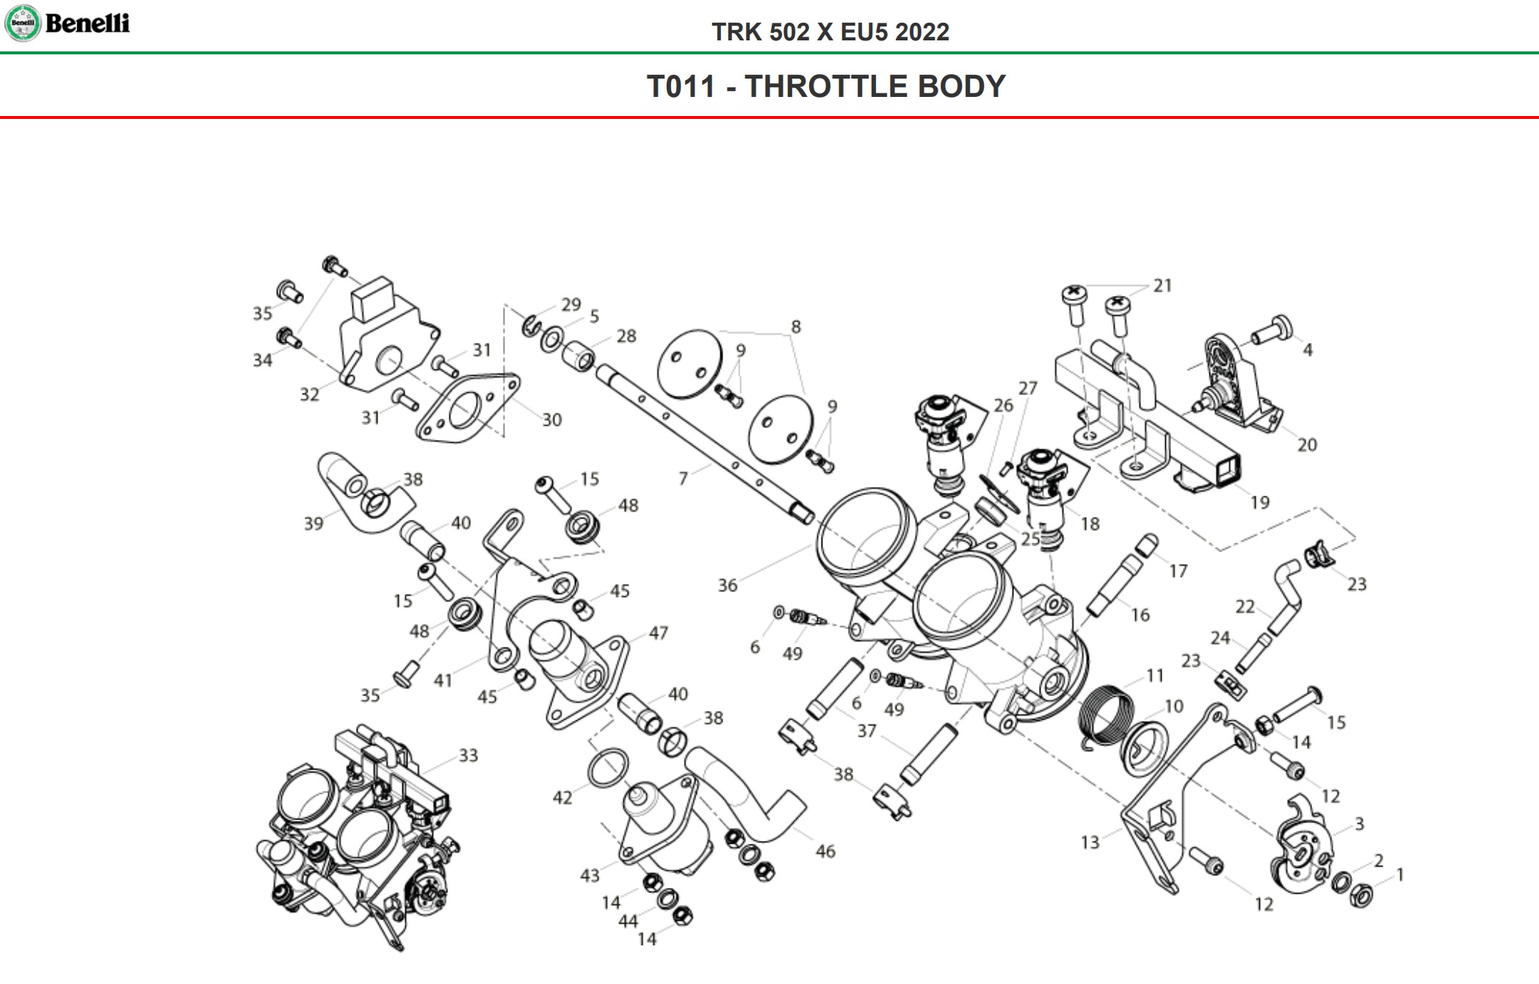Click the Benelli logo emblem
pos(22,23)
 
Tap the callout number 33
pos(468,755)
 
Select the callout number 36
pos(727,585)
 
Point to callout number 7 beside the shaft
pos(683,479)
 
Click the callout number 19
pos(1259,502)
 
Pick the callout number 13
pos(1090,842)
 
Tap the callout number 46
pos(825,851)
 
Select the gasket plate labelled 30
pos(467,408)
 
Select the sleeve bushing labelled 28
pos(579,358)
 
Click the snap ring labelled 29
pos(532,325)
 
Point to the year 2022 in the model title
pos(922,32)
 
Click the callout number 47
pos(658,632)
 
